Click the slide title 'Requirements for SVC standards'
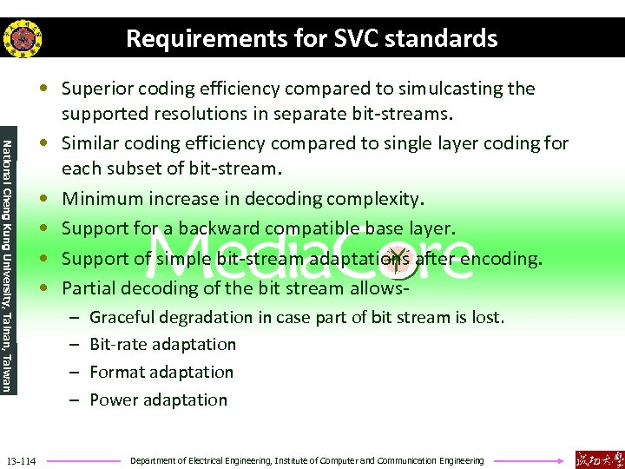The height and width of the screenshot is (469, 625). (x=312, y=38)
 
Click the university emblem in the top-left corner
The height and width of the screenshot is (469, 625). (x=23, y=38)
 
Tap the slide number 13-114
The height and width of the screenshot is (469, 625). (x=21, y=459)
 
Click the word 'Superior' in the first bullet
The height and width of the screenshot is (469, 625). (x=95, y=89)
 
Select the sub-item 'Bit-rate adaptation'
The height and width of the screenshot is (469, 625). (x=162, y=345)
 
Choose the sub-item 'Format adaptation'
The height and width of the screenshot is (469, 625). (x=161, y=373)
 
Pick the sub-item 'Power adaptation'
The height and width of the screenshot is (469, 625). (x=158, y=400)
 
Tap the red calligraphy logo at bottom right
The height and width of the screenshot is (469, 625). (x=598, y=458)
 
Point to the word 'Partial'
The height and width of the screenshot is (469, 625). (x=89, y=287)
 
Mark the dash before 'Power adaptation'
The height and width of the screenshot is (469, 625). (x=75, y=400)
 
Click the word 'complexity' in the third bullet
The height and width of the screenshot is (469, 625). (x=379, y=199)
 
